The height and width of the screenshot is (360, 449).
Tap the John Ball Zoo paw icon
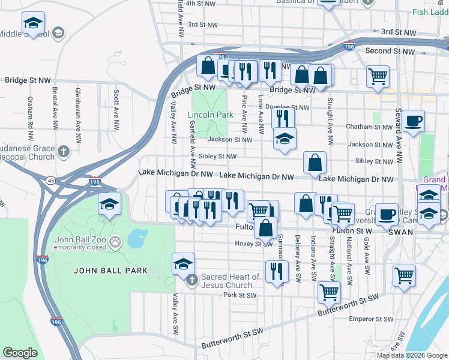pos(116,242)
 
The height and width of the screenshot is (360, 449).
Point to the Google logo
pos(20,353)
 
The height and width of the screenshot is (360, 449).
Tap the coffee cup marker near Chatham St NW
pos(413,121)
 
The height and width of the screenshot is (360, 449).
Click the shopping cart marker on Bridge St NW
pos(378,76)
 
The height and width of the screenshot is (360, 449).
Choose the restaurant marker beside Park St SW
pos(276,271)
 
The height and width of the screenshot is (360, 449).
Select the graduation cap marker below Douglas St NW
pos(285,140)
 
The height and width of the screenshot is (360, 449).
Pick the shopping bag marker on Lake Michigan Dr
pos(315,163)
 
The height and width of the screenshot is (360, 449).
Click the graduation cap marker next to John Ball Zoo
pos(109,205)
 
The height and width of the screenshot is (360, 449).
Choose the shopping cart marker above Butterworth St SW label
pos(329,292)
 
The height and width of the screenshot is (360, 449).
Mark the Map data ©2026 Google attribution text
pos(411,355)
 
